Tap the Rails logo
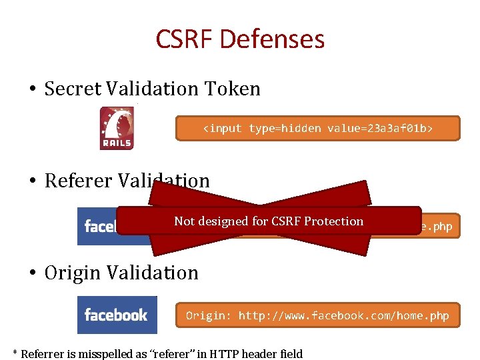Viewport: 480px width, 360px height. point(117,128)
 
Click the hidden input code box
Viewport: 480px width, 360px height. point(317,129)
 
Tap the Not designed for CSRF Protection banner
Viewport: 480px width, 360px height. point(268,221)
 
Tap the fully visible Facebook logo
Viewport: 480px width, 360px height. point(117,315)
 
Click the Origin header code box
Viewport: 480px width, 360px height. point(317,315)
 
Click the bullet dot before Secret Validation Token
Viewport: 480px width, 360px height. point(31,89)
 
